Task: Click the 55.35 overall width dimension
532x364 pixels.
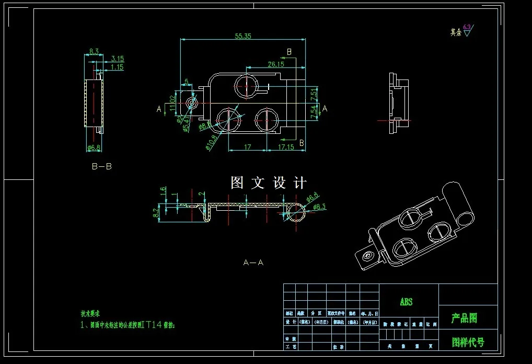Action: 243,36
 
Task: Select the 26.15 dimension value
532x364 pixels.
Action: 276,64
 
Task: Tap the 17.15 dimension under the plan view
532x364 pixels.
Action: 286,147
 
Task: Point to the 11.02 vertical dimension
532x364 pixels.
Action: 172,103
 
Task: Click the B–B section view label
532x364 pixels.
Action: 101,167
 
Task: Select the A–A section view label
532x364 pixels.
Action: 253,263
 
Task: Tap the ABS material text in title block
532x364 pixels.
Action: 406,302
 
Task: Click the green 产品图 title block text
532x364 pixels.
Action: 464,318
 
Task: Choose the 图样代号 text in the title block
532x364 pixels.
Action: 468,343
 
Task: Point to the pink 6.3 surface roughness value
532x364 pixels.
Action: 467,27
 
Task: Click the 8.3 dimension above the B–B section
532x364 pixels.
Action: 94,51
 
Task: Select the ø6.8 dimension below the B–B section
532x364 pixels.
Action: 94,148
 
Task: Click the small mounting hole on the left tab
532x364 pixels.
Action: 192,102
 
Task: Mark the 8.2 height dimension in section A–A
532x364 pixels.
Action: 155,212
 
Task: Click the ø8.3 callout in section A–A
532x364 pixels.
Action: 319,208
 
